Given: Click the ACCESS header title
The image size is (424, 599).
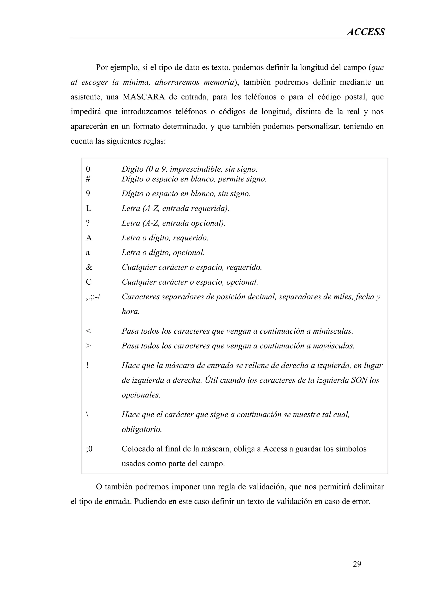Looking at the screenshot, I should click(366, 32).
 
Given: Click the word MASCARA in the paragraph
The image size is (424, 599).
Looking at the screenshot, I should click(144, 97).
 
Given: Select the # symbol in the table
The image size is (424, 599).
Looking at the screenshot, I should click(88, 179).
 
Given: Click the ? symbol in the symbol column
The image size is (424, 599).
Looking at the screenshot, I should click(88, 223).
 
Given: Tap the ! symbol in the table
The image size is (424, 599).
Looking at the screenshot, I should click(87, 365).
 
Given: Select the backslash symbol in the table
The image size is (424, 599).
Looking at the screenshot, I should click(87, 414).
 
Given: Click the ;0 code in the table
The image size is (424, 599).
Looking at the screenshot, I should click(89, 449).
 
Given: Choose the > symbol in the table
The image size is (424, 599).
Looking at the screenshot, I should click(88, 346).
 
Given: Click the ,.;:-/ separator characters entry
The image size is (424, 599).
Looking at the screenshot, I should click(93, 297).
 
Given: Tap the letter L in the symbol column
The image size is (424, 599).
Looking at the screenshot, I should click(88, 208).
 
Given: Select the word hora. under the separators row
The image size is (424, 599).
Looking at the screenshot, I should click(130, 311).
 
